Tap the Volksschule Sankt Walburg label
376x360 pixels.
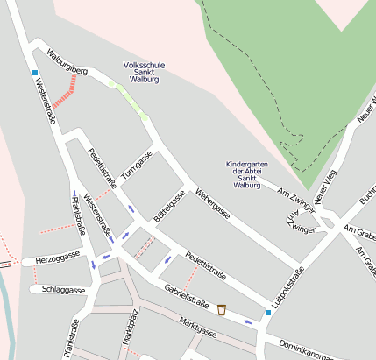click(144, 72)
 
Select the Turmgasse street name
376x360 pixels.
click(137, 163)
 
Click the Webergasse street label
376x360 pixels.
click(213, 203)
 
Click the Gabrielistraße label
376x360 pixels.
click(185, 297)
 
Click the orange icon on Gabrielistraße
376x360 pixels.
click(222, 309)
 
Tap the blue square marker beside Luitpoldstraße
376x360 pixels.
click(268, 312)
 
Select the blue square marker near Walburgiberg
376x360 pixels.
click(35, 72)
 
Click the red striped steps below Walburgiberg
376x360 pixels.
click(66, 92)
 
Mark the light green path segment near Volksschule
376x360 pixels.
click(128, 98)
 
